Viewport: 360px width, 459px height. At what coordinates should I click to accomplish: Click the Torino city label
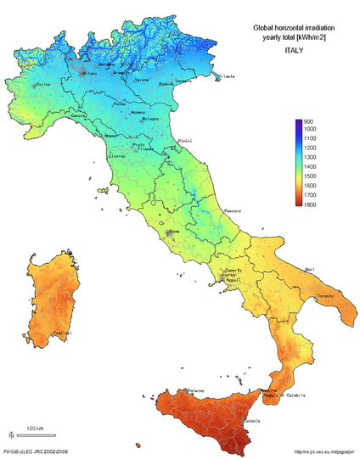coord(43,84)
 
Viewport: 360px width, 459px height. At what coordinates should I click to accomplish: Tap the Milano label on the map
coord(88,74)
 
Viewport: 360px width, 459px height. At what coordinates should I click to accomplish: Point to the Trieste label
coord(227,77)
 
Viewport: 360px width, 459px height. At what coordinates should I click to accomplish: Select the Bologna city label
coord(150,119)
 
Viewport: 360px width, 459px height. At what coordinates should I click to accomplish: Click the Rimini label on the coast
coord(184,141)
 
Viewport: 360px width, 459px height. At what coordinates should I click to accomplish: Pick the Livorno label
coord(117,157)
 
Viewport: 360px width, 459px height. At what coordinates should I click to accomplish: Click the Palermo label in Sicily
coord(196,390)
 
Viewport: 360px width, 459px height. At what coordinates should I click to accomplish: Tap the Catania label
coord(252,421)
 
